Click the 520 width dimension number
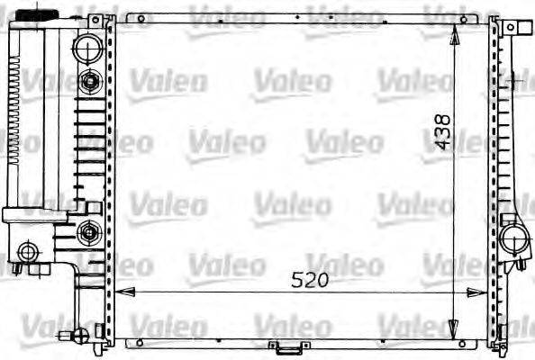point(309,280)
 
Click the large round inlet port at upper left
point(88,46)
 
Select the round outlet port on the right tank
point(515,240)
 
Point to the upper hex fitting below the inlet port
point(89,83)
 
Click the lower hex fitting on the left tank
point(89,234)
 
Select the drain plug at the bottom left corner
point(78,338)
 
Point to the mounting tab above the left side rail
point(110,15)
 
